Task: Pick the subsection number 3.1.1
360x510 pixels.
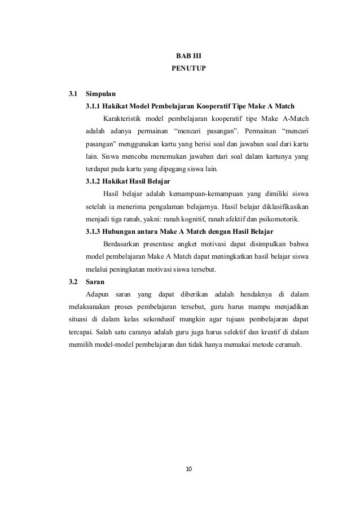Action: (94, 106)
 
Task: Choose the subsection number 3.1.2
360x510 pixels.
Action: (94, 181)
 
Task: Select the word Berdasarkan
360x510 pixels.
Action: (122, 243)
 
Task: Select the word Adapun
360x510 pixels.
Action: (96, 294)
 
